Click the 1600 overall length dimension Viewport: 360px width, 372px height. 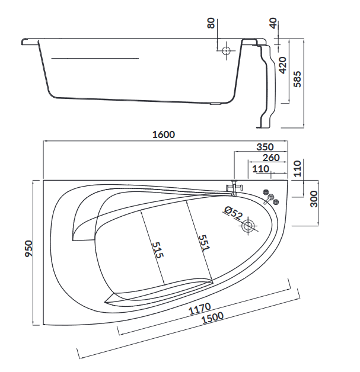tap(164, 134)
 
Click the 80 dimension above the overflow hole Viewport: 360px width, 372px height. tap(211, 24)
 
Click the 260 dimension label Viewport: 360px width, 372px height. tap(272, 158)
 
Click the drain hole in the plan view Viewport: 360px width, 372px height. tap(249, 226)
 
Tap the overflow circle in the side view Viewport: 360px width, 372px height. tap(226, 52)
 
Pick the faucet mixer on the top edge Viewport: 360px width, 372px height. tap(234, 188)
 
